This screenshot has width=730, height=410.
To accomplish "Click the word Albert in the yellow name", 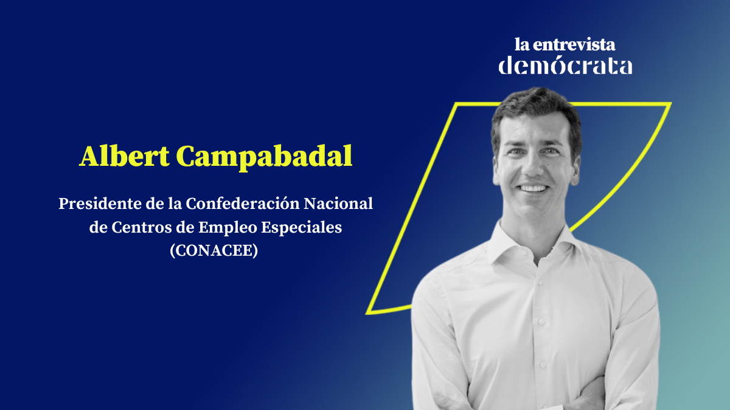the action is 124,156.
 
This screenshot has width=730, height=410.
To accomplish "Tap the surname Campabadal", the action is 264,158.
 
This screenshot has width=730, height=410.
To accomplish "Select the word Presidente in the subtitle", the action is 100,203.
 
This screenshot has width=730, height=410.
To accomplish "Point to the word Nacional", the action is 338,203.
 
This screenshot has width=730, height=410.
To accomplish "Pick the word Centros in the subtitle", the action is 141,227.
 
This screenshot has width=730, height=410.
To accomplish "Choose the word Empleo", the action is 228,228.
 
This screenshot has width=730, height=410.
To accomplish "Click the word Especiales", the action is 302,228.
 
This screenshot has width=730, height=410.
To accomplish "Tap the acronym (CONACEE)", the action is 214,250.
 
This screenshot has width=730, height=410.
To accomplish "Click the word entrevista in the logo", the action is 574,44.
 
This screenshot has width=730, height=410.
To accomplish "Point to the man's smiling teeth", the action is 533,188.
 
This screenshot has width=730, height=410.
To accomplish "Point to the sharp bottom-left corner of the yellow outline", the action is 367,313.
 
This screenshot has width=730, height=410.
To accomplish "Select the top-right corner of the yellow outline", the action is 670,104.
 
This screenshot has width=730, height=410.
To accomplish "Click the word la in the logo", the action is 522,44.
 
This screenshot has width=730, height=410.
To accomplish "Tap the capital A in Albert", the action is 90,157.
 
